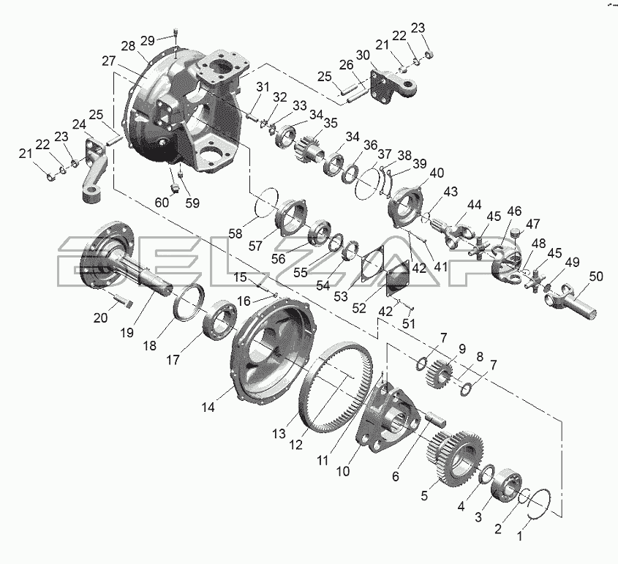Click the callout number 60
pyautogui.click(x=162, y=202)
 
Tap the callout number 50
pyautogui.click(x=596, y=277)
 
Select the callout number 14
pyautogui.click(x=208, y=407)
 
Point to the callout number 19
pyautogui.click(x=127, y=333)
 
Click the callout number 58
pyautogui.click(x=235, y=233)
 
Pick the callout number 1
pyautogui.click(x=519, y=536)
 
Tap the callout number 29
pyautogui.click(x=148, y=40)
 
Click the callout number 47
pyautogui.click(x=533, y=224)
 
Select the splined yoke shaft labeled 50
pyautogui.click(x=571, y=301)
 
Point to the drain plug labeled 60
pyautogui.click(x=174, y=188)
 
